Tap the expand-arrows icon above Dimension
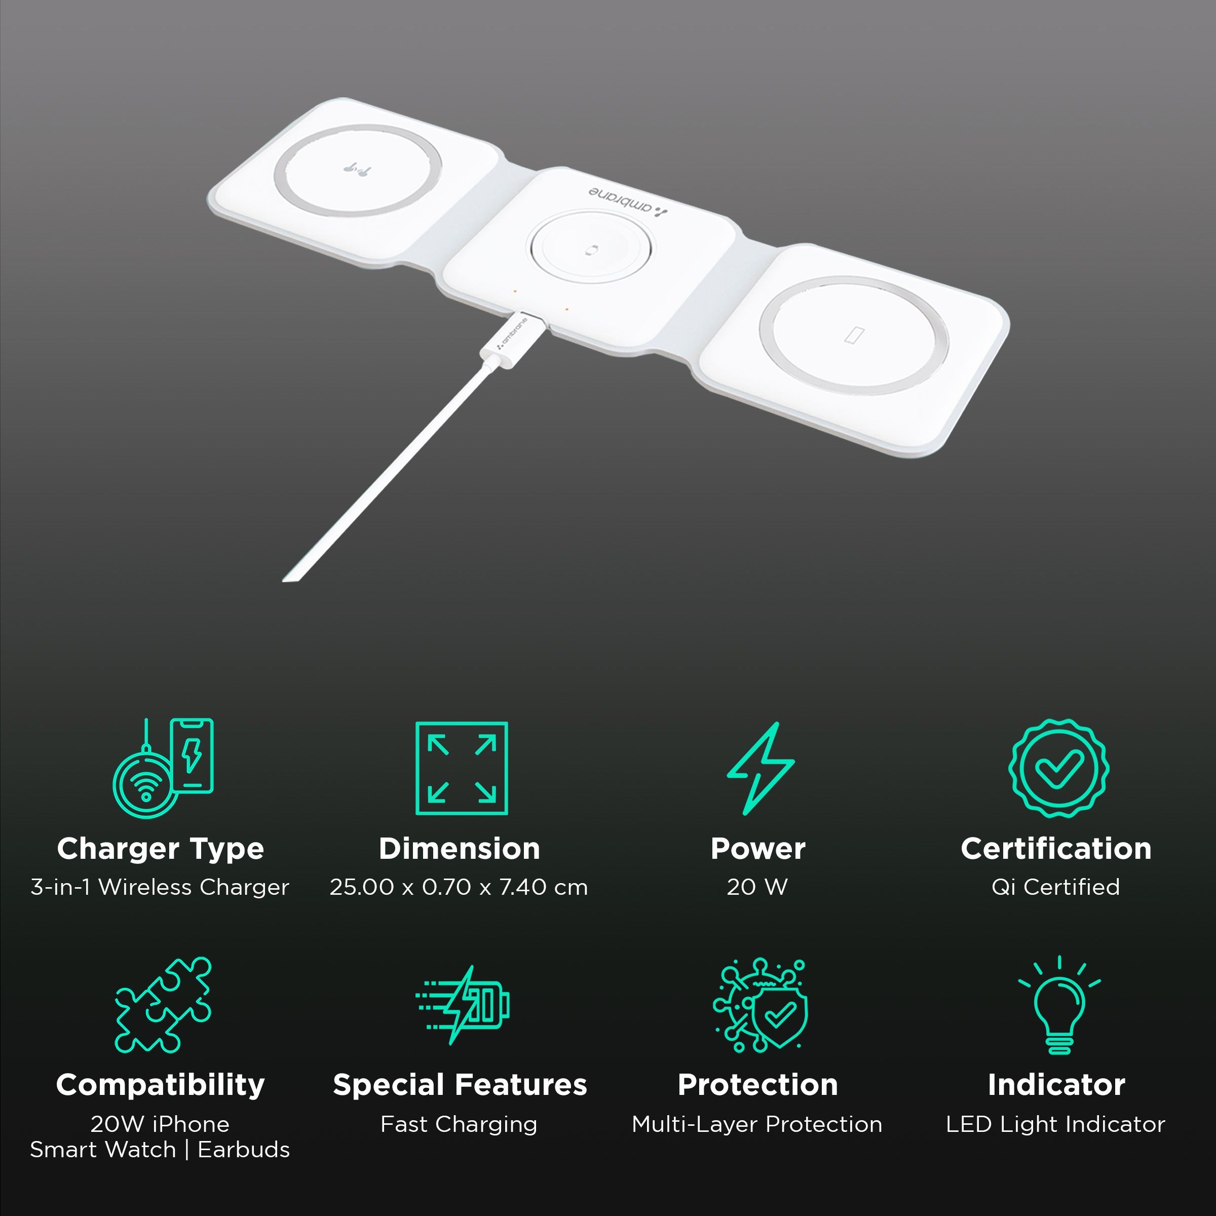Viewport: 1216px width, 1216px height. coord(462,768)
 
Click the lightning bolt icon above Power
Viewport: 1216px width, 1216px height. coord(761,768)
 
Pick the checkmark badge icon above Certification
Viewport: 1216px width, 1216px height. coord(1058,768)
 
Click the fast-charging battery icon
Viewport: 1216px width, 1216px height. coord(462,1005)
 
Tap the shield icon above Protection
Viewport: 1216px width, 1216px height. coord(761,1005)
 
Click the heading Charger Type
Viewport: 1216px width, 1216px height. coord(161,849)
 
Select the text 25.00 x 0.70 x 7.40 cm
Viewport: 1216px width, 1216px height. coord(459,888)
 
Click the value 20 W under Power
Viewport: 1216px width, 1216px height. coord(757,888)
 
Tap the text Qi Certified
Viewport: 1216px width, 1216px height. coord(1056,888)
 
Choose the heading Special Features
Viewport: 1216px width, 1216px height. coord(460,1085)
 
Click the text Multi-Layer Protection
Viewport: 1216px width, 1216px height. coord(757,1124)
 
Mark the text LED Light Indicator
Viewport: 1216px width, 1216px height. coord(1055,1124)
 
